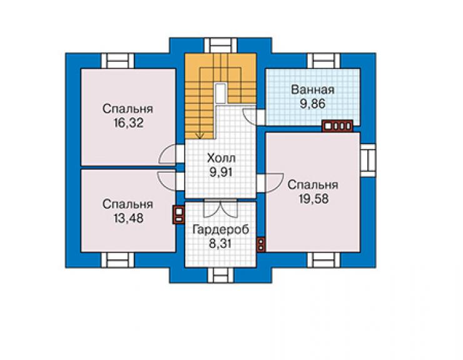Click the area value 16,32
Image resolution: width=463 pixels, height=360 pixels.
(x=128, y=123)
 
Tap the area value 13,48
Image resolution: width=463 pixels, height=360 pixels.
(x=128, y=218)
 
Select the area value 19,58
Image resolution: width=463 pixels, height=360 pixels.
(x=313, y=198)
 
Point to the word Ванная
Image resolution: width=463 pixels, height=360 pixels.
(x=313, y=90)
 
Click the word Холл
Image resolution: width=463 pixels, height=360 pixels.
(x=221, y=158)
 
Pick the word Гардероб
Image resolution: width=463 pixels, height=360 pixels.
(x=221, y=230)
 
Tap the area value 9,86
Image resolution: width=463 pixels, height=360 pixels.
(x=313, y=104)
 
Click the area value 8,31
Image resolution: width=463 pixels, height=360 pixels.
(x=220, y=244)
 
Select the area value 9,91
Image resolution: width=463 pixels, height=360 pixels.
(x=221, y=172)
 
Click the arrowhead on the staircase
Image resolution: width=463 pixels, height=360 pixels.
(x=200, y=136)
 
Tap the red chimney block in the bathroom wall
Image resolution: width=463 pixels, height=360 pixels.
(x=337, y=126)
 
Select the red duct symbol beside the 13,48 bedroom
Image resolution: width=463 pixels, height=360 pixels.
(x=179, y=215)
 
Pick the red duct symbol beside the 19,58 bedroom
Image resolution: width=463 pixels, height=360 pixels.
(x=261, y=245)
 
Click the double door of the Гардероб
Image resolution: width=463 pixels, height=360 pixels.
(x=220, y=208)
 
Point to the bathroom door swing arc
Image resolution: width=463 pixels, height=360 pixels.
(x=250, y=117)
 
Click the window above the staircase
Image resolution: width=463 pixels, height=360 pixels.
(x=221, y=46)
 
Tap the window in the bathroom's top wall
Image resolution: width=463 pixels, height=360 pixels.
(x=323, y=61)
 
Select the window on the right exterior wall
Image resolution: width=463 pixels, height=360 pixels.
(x=368, y=160)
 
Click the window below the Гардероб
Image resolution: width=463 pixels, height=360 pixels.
(x=220, y=275)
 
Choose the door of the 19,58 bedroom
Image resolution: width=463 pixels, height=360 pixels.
(x=270, y=183)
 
